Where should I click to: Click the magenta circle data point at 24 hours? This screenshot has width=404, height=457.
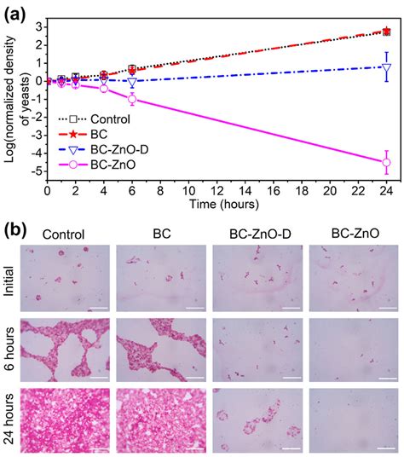pyautogui.click(x=387, y=162)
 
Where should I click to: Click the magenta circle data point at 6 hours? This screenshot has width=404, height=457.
pyautogui.click(x=132, y=99)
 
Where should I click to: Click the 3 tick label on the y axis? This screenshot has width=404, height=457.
pyautogui.click(x=39, y=26)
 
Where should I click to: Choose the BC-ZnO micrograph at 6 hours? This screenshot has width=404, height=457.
pyautogui.click(x=349, y=349)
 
